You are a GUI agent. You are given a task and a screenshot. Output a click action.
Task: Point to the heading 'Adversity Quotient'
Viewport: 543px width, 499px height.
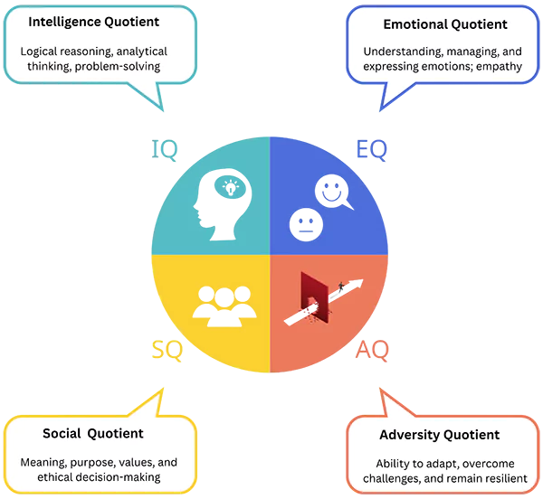pos(439,435)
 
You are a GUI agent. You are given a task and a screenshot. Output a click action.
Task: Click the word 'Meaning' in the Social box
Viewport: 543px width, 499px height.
pos(44,462)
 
